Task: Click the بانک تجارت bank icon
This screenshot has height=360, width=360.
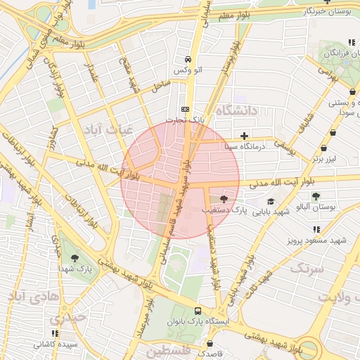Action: pos(185,109)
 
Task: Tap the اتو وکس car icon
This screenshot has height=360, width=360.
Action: pos(188,60)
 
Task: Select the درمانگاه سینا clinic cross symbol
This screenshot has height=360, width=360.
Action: pos(244,136)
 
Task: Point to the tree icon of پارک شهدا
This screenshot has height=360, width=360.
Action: pos(75,258)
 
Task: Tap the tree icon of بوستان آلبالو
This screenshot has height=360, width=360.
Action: pos(316,196)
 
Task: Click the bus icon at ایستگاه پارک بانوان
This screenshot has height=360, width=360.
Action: pos(198,311)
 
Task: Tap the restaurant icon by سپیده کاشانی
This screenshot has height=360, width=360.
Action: pos(54,335)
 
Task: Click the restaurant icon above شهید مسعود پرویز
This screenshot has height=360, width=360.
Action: pos(317,229)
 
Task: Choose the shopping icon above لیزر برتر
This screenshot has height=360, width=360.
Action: pos(323,148)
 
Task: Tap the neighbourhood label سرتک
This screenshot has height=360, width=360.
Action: pos(309,269)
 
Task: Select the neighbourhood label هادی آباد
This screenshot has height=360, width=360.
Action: pos(27,297)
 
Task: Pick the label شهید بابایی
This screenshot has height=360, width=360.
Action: pos(271,211)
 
